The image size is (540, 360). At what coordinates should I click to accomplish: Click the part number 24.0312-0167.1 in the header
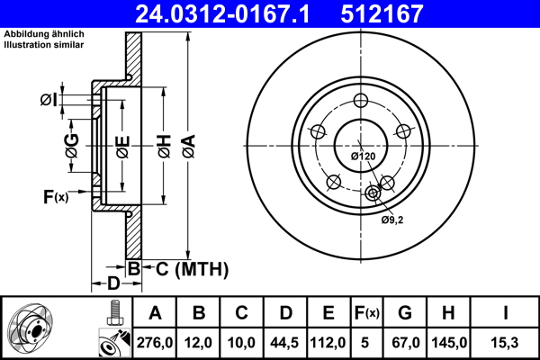point(222,13)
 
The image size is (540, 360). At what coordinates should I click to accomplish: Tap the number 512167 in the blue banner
point(382,13)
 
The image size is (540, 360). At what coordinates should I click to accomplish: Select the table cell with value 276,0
point(155,343)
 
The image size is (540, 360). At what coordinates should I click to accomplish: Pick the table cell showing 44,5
point(284,343)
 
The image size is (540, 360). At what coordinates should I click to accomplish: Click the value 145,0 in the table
point(449,343)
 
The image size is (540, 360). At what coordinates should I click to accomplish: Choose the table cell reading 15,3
point(505,343)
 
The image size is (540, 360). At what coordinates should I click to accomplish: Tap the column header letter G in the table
point(405,313)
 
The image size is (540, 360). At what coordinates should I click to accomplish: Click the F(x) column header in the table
point(367,313)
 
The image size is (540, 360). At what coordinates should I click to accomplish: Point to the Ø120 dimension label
point(363,157)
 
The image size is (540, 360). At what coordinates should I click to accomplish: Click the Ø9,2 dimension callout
point(391,220)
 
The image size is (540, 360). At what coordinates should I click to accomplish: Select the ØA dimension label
point(189,146)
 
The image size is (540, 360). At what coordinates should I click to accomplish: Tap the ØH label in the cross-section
point(165,146)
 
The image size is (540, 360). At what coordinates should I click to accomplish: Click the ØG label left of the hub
point(72,146)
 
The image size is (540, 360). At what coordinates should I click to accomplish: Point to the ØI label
point(49,100)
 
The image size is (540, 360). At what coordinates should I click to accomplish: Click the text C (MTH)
point(192,269)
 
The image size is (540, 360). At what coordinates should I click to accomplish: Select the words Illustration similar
point(44,45)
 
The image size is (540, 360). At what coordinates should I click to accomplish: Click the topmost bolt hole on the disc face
point(361,101)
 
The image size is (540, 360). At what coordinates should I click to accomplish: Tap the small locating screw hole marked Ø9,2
point(373,193)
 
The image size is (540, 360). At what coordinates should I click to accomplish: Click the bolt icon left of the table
point(115,313)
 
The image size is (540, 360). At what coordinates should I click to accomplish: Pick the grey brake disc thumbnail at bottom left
point(31,329)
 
